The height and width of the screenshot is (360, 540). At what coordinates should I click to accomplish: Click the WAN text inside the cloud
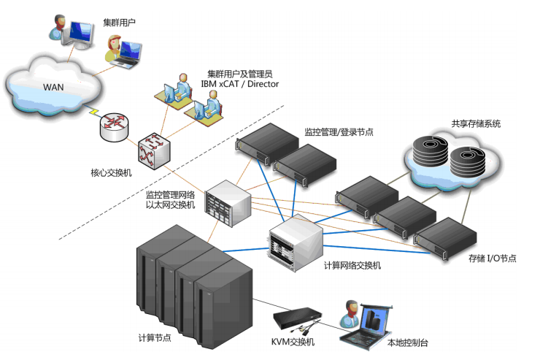tap(53, 88)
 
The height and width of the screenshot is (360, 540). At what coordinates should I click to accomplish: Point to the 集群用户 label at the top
tap(121, 23)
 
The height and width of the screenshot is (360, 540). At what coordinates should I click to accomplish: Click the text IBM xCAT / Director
tap(239, 84)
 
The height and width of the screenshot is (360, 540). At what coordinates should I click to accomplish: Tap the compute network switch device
tap(295, 240)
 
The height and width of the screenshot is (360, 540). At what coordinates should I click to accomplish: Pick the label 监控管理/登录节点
tap(339, 132)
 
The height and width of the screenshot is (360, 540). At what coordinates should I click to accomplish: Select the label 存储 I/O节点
tap(493, 258)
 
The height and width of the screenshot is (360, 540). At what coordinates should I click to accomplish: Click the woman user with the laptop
tap(117, 51)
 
